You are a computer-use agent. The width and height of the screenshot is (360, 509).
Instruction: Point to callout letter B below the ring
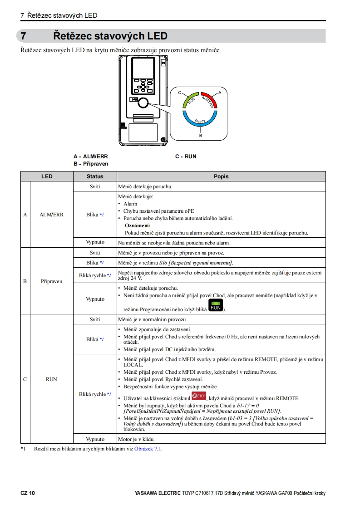point(201,135)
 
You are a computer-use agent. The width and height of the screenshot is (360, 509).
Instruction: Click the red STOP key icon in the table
point(199,396)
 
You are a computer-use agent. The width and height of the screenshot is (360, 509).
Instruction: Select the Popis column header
point(221,176)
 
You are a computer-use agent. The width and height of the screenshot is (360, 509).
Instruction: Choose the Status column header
point(95,176)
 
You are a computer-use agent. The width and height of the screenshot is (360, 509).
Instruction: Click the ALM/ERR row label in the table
point(51,215)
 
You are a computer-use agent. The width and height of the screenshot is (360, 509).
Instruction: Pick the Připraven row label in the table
point(51,281)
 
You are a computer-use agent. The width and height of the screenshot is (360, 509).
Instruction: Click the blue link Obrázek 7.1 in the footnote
point(148,449)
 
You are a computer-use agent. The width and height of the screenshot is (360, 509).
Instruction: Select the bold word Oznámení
point(138,225)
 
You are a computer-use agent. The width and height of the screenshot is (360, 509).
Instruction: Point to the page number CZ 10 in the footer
point(27,493)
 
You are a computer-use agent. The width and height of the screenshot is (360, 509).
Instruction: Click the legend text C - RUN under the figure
point(186,157)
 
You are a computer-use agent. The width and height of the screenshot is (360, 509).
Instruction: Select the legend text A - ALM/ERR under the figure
point(90,157)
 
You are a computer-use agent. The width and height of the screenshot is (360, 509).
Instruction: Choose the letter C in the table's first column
point(25,379)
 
